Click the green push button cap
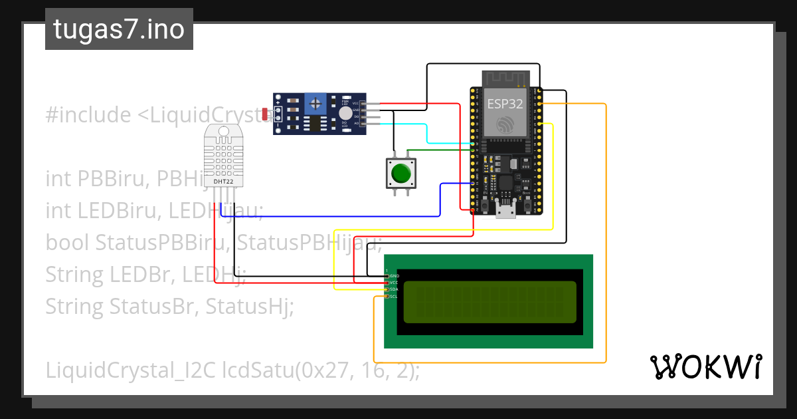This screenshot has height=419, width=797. click(x=400, y=174)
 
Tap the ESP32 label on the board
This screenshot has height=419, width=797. click(x=505, y=104)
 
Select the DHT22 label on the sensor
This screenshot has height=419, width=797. click(x=223, y=180)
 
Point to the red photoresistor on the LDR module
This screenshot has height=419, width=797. click(x=266, y=114)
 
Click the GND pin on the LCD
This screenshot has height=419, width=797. click(x=387, y=275)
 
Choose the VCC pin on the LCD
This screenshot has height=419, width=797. click(x=387, y=283)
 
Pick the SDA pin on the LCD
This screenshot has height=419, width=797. click(x=387, y=289)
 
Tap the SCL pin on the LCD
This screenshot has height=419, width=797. click(x=387, y=297)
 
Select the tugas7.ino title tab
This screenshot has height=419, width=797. click(x=119, y=29)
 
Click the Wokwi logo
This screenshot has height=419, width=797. click(x=705, y=366)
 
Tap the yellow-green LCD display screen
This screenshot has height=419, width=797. click(x=489, y=302)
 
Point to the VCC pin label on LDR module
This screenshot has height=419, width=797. click(x=356, y=103)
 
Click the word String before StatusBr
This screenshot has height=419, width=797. click(x=74, y=307)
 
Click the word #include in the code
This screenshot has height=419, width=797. click(x=88, y=115)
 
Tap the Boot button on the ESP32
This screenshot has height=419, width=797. click(x=527, y=207)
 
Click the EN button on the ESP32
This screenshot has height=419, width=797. click(x=485, y=207)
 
